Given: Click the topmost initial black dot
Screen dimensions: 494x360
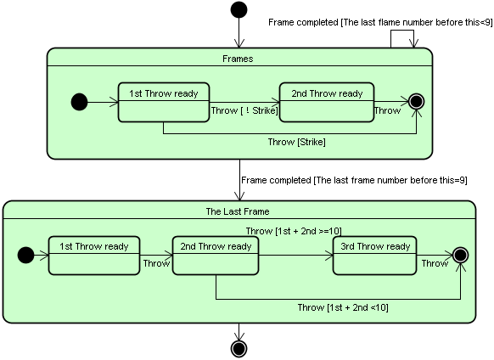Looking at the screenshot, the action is (x=239, y=9).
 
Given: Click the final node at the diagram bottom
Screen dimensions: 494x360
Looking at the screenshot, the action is (x=239, y=349).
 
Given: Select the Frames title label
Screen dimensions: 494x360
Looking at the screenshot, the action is (x=238, y=59).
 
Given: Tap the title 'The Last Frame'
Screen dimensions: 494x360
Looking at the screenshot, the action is (x=238, y=211).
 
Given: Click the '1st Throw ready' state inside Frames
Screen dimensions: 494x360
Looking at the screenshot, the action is (x=164, y=102).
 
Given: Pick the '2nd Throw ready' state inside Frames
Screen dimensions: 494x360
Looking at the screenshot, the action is (x=327, y=102).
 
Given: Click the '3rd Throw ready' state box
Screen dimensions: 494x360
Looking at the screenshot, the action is (x=374, y=256).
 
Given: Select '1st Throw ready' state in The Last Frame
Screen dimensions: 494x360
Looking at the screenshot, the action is (x=94, y=256).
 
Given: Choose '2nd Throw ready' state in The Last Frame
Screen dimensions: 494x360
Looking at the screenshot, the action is (x=216, y=256).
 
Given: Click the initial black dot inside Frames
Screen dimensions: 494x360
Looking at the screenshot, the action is (x=80, y=102).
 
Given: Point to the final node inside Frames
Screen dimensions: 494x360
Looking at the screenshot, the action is (x=416, y=102).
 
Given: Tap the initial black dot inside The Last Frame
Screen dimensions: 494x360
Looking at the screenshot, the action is (x=25, y=255).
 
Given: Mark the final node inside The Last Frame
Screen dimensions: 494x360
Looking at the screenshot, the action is (x=460, y=255).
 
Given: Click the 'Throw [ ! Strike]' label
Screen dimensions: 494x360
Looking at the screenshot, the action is (x=244, y=110).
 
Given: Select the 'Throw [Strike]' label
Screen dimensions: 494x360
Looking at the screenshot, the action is (x=297, y=142).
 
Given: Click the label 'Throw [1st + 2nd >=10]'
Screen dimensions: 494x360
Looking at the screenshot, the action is (x=294, y=231).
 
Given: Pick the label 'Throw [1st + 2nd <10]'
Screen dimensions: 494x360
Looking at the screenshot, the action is (x=343, y=307).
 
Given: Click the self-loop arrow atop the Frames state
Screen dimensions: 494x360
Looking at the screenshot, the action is (x=402, y=31).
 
